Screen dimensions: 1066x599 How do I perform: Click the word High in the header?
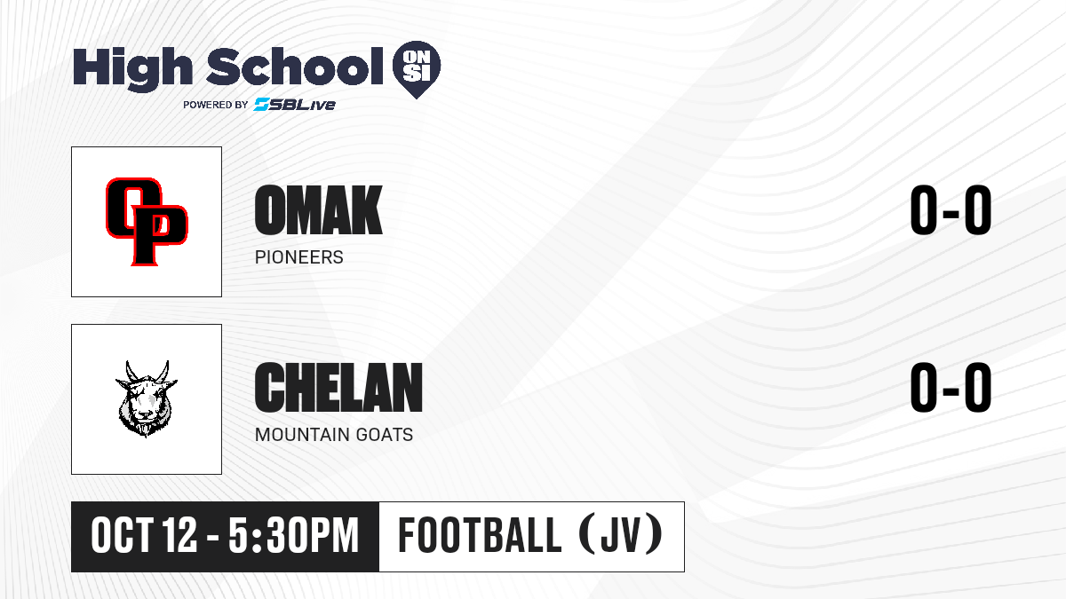(x=132, y=69)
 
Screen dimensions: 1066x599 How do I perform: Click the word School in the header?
(x=295, y=66)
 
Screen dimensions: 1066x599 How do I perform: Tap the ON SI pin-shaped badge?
(x=417, y=69)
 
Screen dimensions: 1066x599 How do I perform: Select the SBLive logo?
(x=295, y=105)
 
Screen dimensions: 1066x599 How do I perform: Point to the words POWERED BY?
(x=216, y=105)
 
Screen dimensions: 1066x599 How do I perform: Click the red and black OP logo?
(x=147, y=222)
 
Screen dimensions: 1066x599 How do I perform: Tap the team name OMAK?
(x=318, y=209)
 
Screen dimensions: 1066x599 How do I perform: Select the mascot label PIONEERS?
(x=298, y=257)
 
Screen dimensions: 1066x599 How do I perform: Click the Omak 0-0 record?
(x=951, y=209)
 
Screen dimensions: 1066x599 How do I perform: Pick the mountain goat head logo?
(x=146, y=398)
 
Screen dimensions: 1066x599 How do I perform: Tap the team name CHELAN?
(x=338, y=387)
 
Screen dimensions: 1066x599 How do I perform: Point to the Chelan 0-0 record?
(x=951, y=387)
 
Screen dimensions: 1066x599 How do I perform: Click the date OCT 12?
(x=144, y=536)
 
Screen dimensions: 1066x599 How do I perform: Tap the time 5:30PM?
(x=293, y=536)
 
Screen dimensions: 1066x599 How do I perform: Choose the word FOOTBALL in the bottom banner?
(x=480, y=536)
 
